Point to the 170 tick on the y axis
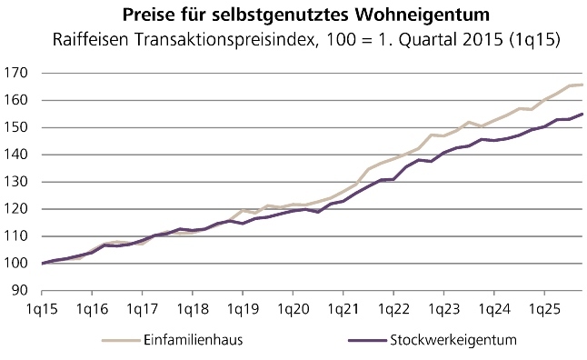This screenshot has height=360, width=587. pos(16,74)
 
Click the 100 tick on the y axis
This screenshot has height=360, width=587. pos(16,264)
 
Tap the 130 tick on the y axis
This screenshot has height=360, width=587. pos(16,182)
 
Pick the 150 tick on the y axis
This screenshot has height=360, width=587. pos(16,128)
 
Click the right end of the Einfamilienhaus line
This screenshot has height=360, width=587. pos(582,85)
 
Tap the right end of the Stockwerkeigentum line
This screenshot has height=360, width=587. pos(582,114)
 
